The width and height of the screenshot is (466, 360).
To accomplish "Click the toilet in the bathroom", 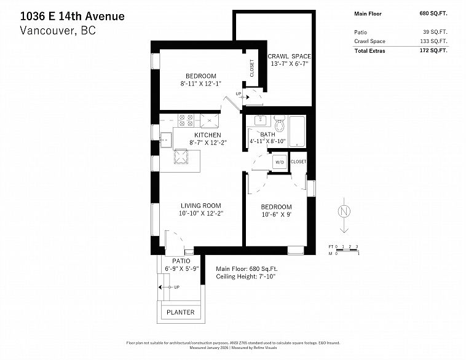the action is click(x=279, y=123).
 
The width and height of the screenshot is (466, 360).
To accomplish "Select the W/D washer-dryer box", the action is click(x=280, y=162).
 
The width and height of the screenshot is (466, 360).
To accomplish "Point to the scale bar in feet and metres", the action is click(x=344, y=250).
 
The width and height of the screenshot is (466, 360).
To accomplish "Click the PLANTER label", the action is click(x=180, y=312).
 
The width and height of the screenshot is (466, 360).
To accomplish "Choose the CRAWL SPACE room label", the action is click(x=289, y=56).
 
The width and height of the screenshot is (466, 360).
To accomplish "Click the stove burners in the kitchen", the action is click(x=186, y=120).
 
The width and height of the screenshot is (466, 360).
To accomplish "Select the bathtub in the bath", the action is click(x=297, y=131).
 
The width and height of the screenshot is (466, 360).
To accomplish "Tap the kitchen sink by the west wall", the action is click(x=166, y=140).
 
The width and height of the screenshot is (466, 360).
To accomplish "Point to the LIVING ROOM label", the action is click(x=201, y=206).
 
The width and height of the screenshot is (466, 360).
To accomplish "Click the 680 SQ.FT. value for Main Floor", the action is click(x=433, y=14).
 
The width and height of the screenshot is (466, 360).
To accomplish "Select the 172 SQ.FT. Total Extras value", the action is click(x=433, y=50).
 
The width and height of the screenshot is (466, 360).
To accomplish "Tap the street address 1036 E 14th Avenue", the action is click(x=72, y=16).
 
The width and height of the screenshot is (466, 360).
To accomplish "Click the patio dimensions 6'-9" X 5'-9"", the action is click(x=181, y=268).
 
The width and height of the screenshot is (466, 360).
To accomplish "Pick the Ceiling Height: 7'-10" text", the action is click(x=246, y=276).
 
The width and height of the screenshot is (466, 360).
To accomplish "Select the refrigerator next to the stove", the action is click(x=209, y=120).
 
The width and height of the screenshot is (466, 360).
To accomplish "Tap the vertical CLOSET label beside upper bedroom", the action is click(x=252, y=68).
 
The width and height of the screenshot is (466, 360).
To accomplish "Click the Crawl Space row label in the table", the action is click(x=369, y=41).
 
